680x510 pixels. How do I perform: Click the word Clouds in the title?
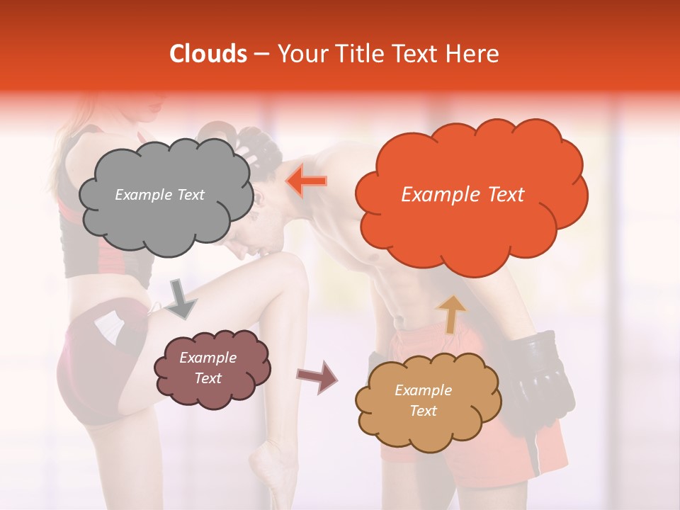point(208,54)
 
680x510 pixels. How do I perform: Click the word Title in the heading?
point(358,54)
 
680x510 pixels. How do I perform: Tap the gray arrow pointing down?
point(181,297)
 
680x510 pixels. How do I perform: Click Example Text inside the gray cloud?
point(159,195)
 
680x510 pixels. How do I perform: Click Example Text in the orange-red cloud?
point(463,195)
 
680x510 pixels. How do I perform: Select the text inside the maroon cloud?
point(208,368)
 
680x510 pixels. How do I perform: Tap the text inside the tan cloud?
point(423,401)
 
